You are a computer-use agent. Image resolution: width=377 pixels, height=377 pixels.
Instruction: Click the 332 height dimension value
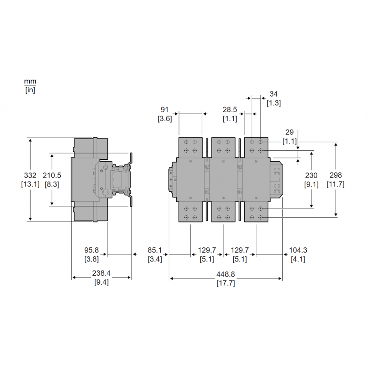pyautogui.click(x=30, y=175)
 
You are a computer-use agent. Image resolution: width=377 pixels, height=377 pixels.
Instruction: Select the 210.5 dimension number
pyautogui.click(x=52, y=175)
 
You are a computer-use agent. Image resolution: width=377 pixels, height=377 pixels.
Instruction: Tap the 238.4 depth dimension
pyautogui.click(x=101, y=274)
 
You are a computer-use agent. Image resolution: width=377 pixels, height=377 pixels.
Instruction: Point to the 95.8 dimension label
pyautogui.click(x=91, y=250)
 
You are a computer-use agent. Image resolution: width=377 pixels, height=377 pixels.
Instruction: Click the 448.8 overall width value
pyautogui.click(x=225, y=274)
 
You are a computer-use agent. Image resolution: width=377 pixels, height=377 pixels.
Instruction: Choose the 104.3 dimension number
pyautogui.click(x=298, y=250)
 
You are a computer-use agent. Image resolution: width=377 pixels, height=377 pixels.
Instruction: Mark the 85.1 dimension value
pyautogui.click(x=155, y=250)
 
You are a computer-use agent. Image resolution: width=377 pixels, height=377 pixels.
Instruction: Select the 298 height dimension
pyautogui.click(x=336, y=175)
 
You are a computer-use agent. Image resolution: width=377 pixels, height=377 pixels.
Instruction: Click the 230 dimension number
pyautogui.click(x=311, y=175)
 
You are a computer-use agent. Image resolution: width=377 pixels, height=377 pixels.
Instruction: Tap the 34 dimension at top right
pyautogui.click(x=273, y=93)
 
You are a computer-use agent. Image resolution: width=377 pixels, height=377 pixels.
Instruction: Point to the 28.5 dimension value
pyautogui.click(x=230, y=109)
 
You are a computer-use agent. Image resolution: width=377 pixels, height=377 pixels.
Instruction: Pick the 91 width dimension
pyautogui.click(x=164, y=109)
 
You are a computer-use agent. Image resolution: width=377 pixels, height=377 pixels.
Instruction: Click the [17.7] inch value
pyautogui.click(x=225, y=283)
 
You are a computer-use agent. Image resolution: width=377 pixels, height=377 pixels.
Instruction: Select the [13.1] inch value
pyautogui.click(x=30, y=184)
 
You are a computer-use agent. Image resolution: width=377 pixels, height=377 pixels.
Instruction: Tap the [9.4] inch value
pyautogui.click(x=101, y=283)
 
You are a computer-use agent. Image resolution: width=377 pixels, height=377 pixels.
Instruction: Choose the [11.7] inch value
pyautogui.click(x=336, y=184)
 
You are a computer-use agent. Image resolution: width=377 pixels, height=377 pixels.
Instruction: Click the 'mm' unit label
pyautogui.click(x=30, y=82)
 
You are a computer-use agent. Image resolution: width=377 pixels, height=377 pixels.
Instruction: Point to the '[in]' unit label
pyautogui.click(x=30, y=90)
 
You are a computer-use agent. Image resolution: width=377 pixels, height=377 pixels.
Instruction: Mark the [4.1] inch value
pyautogui.click(x=298, y=259)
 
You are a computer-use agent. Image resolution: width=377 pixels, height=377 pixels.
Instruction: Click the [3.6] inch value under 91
pyautogui.click(x=164, y=118)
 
